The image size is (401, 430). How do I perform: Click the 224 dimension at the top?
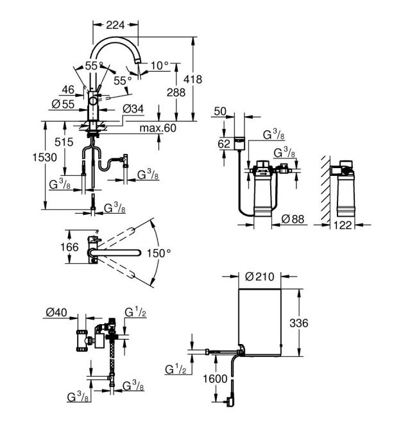pyautogui.click(x=115, y=25)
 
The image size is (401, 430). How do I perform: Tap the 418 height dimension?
pyautogui.click(x=192, y=79)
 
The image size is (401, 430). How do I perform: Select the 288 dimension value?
pyautogui.click(x=176, y=92)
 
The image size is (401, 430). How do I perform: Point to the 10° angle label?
pyautogui.click(x=160, y=66)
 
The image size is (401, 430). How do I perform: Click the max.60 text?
pyautogui.click(x=158, y=128)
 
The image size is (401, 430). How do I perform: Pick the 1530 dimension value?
pyautogui.click(x=45, y=157)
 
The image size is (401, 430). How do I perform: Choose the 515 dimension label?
pyautogui.click(x=64, y=142)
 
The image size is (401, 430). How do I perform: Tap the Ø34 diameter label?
pyautogui.click(x=133, y=109)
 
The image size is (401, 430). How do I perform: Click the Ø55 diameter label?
pyautogui.click(x=63, y=104)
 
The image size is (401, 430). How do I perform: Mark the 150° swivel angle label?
pyautogui.click(x=158, y=253)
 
